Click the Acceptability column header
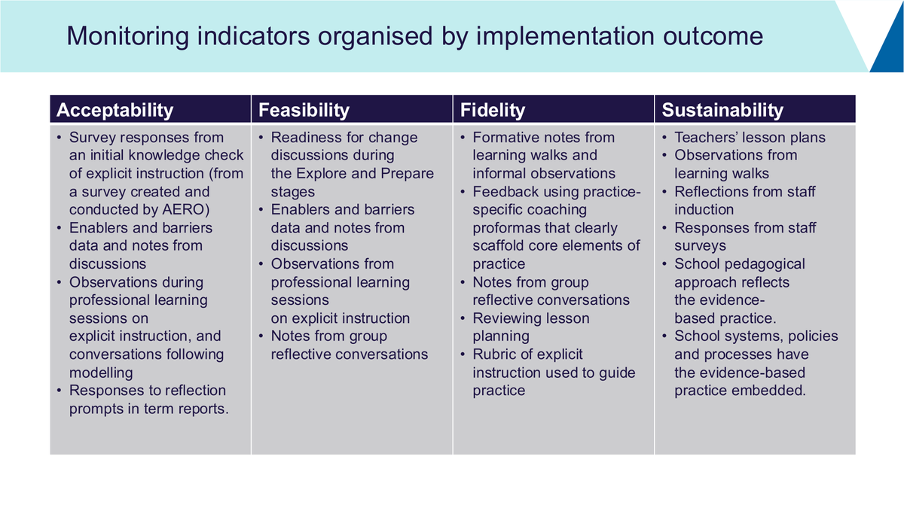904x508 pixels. tap(115, 110)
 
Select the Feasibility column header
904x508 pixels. tap(304, 110)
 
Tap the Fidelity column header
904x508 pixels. tap(493, 110)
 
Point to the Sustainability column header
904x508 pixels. tap(722, 110)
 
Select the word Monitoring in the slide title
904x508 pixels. tap(127, 36)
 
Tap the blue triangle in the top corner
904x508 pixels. tap(890, 44)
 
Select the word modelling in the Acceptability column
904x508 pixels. tap(101, 373)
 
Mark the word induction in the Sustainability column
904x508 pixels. tap(704, 210)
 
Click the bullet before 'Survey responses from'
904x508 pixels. tap(60, 138)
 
